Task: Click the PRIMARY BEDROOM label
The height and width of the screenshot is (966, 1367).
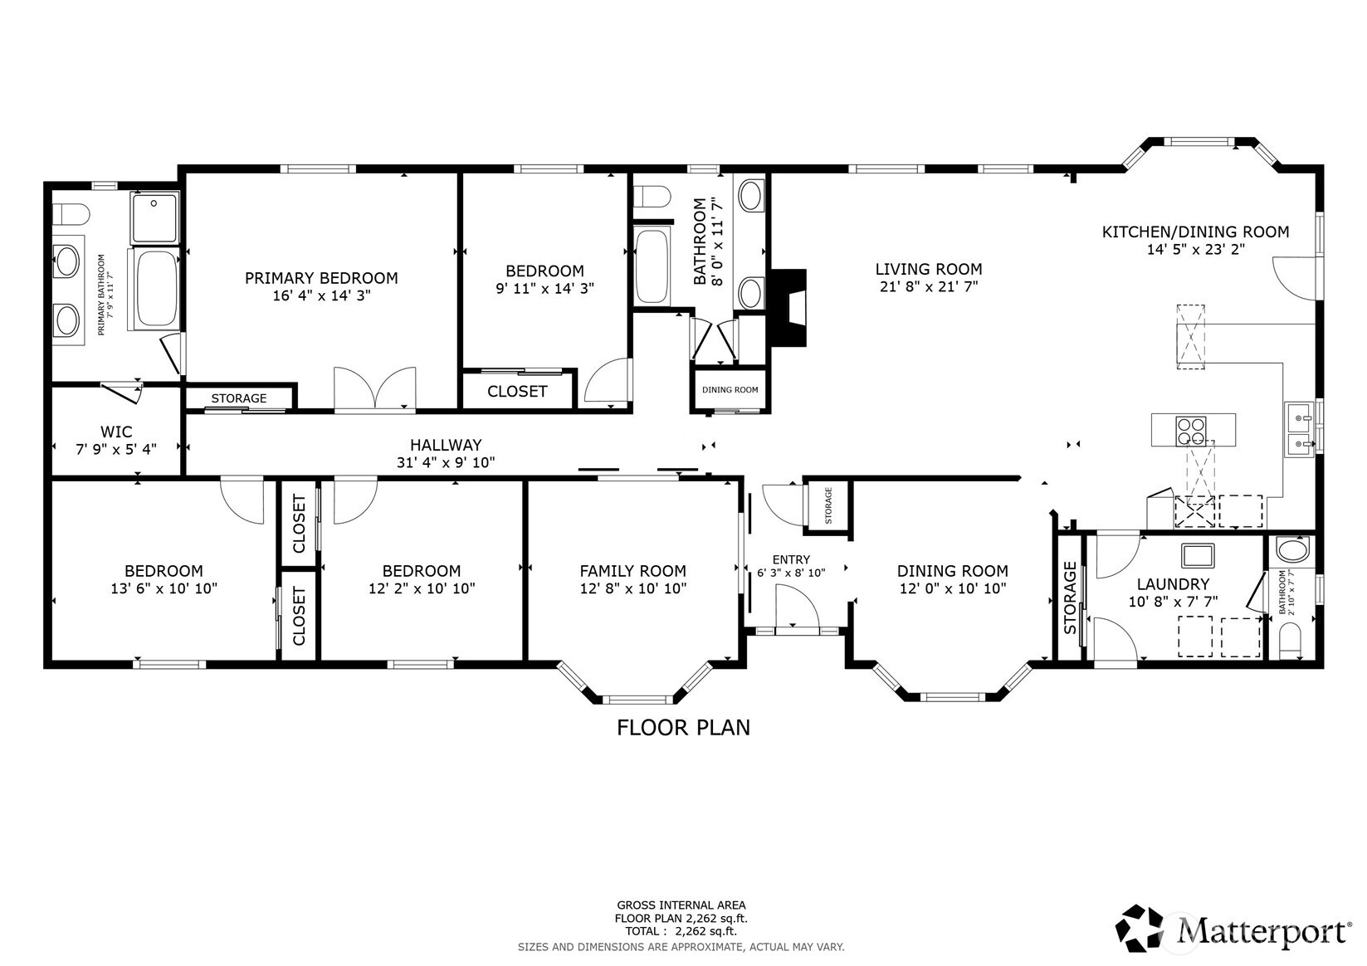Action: (x=321, y=278)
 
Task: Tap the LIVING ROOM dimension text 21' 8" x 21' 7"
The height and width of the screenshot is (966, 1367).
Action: (x=929, y=286)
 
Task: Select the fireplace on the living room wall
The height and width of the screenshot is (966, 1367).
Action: (x=789, y=308)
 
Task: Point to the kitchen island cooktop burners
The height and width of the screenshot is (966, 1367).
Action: (x=1191, y=431)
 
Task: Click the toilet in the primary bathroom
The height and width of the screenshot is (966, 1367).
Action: (x=70, y=214)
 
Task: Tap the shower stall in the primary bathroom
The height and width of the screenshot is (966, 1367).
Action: (x=155, y=218)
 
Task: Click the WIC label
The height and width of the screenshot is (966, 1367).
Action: (x=116, y=432)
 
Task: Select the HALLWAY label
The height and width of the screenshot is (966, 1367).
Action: (x=446, y=445)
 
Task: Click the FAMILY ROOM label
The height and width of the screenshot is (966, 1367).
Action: (x=632, y=571)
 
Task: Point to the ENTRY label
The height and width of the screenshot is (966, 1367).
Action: (x=791, y=559)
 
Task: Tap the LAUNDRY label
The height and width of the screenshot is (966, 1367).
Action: (x=1173, y=584)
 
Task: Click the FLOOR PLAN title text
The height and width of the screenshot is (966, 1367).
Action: (x=684, y=728)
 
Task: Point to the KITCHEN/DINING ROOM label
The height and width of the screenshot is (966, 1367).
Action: (x=1195, y=232)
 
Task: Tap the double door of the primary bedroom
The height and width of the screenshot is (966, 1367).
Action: (x=374, y=388)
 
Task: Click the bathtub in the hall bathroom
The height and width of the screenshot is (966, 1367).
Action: (x=652, y=266)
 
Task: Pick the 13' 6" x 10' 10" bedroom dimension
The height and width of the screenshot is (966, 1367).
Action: (x=164, y=589)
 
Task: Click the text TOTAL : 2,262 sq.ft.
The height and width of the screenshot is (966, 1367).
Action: (x=681, y=931)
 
